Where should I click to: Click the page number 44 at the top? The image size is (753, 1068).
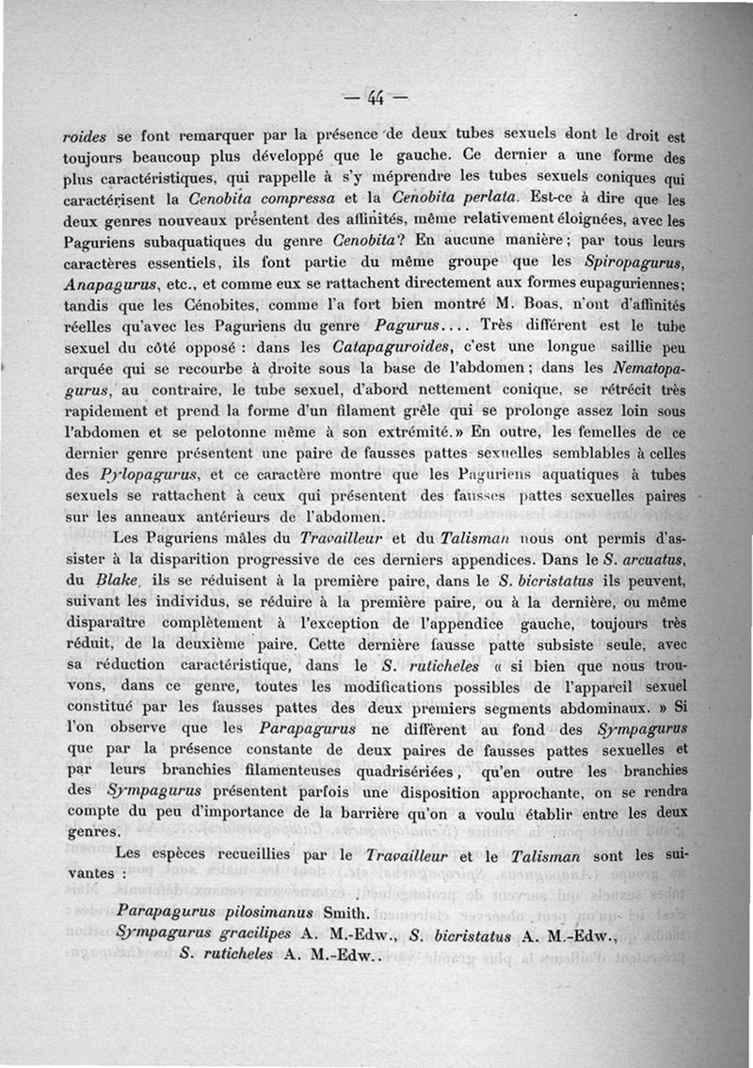[x=376, y=96]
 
